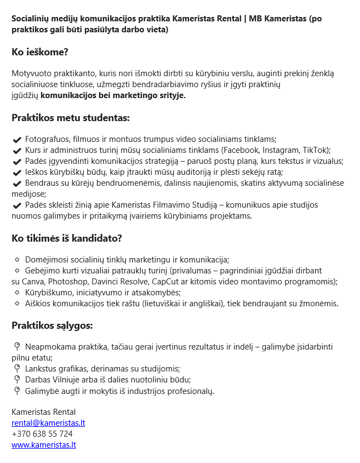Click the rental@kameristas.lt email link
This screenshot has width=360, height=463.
tap(48, 423)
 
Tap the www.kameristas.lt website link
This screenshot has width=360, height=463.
tap(44, 445)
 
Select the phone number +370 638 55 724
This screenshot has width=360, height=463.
tap(42, 434)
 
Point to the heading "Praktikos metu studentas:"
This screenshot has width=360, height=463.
tap(71, 118)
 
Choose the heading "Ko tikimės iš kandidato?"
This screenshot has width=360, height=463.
tap(67, 238)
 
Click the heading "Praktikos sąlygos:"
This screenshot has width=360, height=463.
tap(52, 326)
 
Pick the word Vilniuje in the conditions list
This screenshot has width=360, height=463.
tap(69, 380)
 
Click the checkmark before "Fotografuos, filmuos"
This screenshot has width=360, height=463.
tap(17, 140)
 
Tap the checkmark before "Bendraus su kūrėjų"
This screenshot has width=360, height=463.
tap(17, 184)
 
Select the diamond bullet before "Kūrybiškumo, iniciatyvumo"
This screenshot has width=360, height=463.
tap(17, 293)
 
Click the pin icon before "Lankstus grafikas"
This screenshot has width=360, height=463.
tap(17, 369)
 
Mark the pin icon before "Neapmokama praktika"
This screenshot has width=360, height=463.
tap(17, 347)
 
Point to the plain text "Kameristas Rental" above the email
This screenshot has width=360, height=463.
tap(43, 412)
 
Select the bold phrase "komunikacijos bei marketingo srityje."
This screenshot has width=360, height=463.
tap(113, 95)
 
